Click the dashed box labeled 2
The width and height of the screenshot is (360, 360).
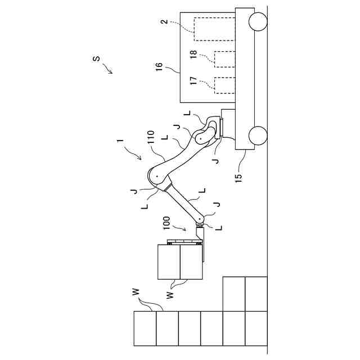coord(214,29)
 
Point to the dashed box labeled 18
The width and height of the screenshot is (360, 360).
coord(225,58)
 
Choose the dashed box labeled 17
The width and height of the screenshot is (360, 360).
coord(225,85)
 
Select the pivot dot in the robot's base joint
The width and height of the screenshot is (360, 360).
coord(200,135)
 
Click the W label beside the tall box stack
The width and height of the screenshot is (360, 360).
coord(136,291)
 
